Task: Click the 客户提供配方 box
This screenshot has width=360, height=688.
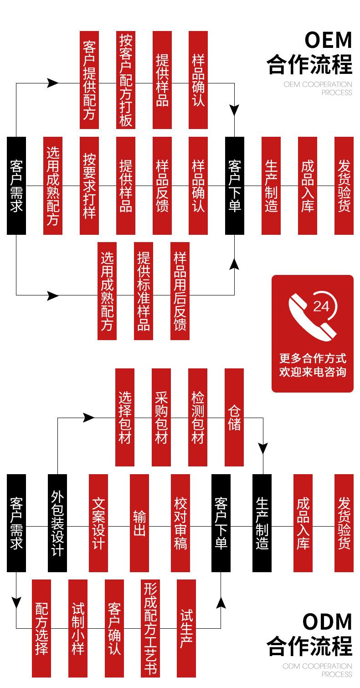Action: click(89, 80)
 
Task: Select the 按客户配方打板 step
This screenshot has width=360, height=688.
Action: click(126, 80)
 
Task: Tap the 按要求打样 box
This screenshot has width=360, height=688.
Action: click(89, 186)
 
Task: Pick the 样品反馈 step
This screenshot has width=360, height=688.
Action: click(162, 186)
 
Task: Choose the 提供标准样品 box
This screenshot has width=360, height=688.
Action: click(144, 291)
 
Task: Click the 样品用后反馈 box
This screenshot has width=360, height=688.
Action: click(180, 291)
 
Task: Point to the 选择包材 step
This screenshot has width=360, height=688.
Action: click(125, 417)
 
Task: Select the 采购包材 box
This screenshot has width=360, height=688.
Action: click(161, 417)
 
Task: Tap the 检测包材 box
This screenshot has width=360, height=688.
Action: click(198, 417)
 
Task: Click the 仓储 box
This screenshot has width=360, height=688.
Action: click(234, 417)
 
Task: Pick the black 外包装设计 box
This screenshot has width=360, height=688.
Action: click(57, 523)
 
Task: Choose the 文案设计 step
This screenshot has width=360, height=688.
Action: click(98, 523)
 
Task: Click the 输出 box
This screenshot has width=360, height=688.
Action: click(139, 523)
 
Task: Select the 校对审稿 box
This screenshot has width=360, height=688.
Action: click(180, 523)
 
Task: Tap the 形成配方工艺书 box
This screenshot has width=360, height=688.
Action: click(150, 628)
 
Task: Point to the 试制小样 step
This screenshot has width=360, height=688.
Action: click(78, 628)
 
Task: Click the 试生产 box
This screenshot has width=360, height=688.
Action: click(186, 628)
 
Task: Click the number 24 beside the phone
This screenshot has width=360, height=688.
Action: click(321, 306)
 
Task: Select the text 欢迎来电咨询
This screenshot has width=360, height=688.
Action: click(313, 372)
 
